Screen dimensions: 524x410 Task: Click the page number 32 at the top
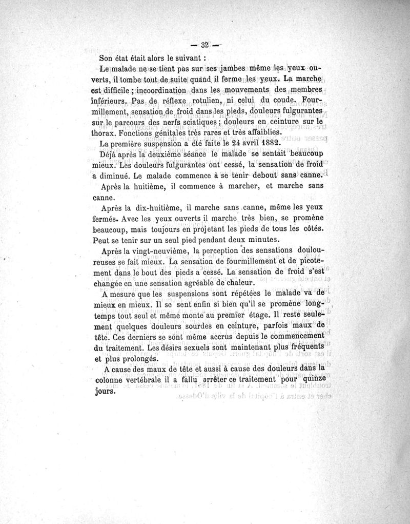204,45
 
